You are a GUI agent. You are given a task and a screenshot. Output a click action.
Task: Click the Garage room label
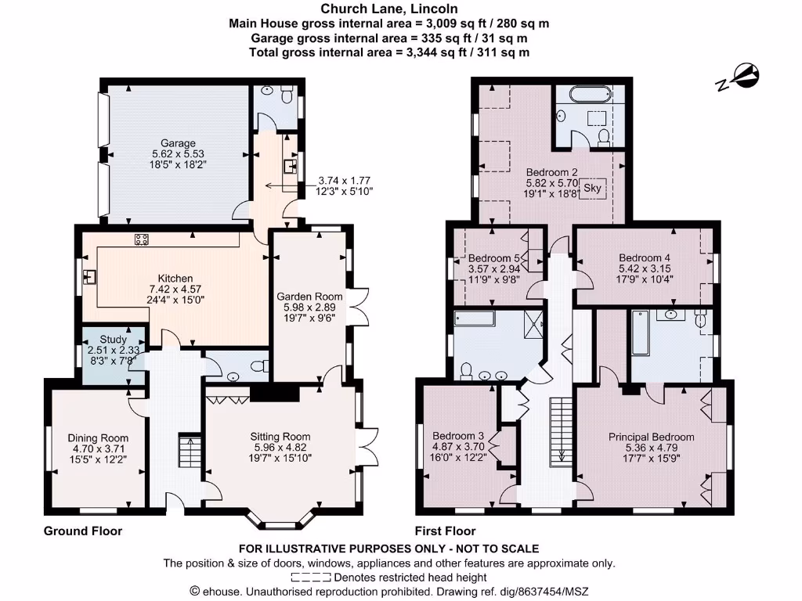tap(178, 143)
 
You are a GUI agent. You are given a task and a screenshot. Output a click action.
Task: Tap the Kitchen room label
tap(175, 278)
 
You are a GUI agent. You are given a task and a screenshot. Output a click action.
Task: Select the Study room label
tap(114, 340)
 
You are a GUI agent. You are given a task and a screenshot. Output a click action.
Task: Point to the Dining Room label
tap(97, 438)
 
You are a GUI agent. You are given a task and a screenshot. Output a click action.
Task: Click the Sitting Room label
tap(280, 437)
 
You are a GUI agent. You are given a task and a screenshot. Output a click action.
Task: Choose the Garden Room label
tap(309, 297)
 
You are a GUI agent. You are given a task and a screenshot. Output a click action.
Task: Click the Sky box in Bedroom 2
tap(593, 188)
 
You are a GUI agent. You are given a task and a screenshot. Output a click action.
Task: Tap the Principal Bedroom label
tap(651, 437)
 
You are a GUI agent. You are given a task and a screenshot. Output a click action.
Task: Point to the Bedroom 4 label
tap(644, 258)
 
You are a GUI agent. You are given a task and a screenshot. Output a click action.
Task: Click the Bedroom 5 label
tap(493, 258)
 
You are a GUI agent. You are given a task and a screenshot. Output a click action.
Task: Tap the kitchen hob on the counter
tap(143, 239)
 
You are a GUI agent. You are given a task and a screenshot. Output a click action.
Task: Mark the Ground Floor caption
tap(83, 531)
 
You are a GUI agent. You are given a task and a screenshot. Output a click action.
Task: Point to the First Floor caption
tap(446, 531)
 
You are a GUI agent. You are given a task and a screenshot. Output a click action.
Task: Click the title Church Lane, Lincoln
tap(388, 9)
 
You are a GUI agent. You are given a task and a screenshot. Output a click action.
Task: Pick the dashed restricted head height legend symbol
tap(310, 578)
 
